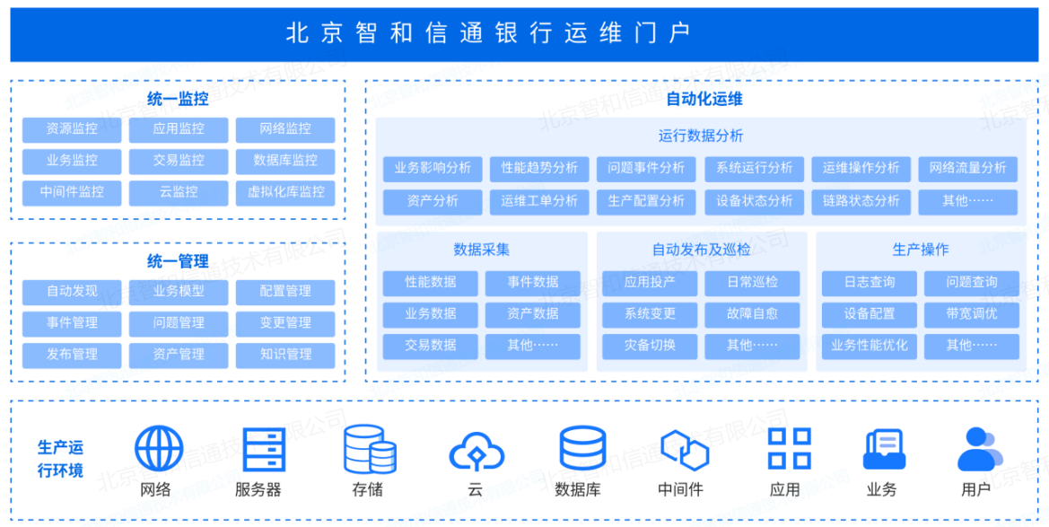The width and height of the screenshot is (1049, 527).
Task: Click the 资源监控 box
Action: [73, 129]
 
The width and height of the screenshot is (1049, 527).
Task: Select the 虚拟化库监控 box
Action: [285, 192]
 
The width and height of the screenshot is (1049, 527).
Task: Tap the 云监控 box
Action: [179, 192]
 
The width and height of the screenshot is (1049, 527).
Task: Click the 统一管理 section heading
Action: [178, 261]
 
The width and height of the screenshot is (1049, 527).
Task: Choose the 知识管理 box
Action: [285, 355]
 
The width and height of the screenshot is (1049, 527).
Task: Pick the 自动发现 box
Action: [73, 292]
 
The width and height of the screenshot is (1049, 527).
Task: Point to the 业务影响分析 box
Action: [433, 168]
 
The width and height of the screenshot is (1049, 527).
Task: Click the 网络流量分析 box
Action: [967, 168]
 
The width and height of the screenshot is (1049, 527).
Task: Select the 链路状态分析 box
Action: [861, 201]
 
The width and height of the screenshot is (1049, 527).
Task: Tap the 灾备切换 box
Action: [650, 346]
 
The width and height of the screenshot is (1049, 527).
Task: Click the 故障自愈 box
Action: [753, 314]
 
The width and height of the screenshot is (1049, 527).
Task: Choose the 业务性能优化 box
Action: [869, 346]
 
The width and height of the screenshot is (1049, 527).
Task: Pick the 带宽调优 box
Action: [972, 314]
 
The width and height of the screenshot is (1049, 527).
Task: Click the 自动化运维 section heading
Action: [704, 100]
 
